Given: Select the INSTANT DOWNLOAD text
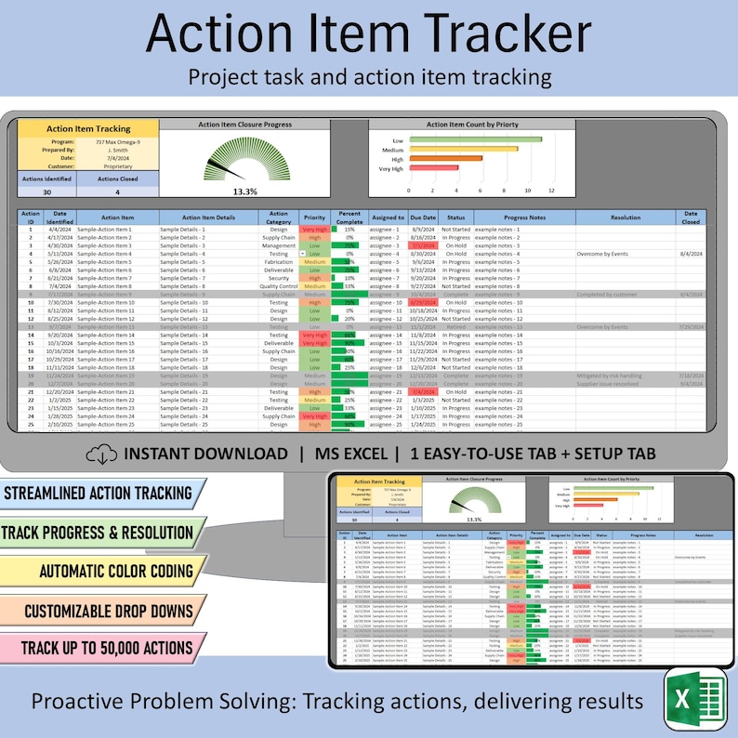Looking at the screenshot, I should click(x=205, y=454).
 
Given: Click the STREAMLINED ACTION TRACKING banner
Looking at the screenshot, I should click(x=98, y=493).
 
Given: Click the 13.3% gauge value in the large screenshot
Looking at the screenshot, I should click(x=245, y=191).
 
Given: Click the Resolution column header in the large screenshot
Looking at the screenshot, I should click(x=626, y=217).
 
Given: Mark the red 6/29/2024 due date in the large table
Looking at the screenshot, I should click(x=423, y=302).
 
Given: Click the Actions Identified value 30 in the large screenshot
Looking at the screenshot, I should click(x=46, y=192).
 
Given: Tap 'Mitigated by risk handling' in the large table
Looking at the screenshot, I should click(x=620, y=376).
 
